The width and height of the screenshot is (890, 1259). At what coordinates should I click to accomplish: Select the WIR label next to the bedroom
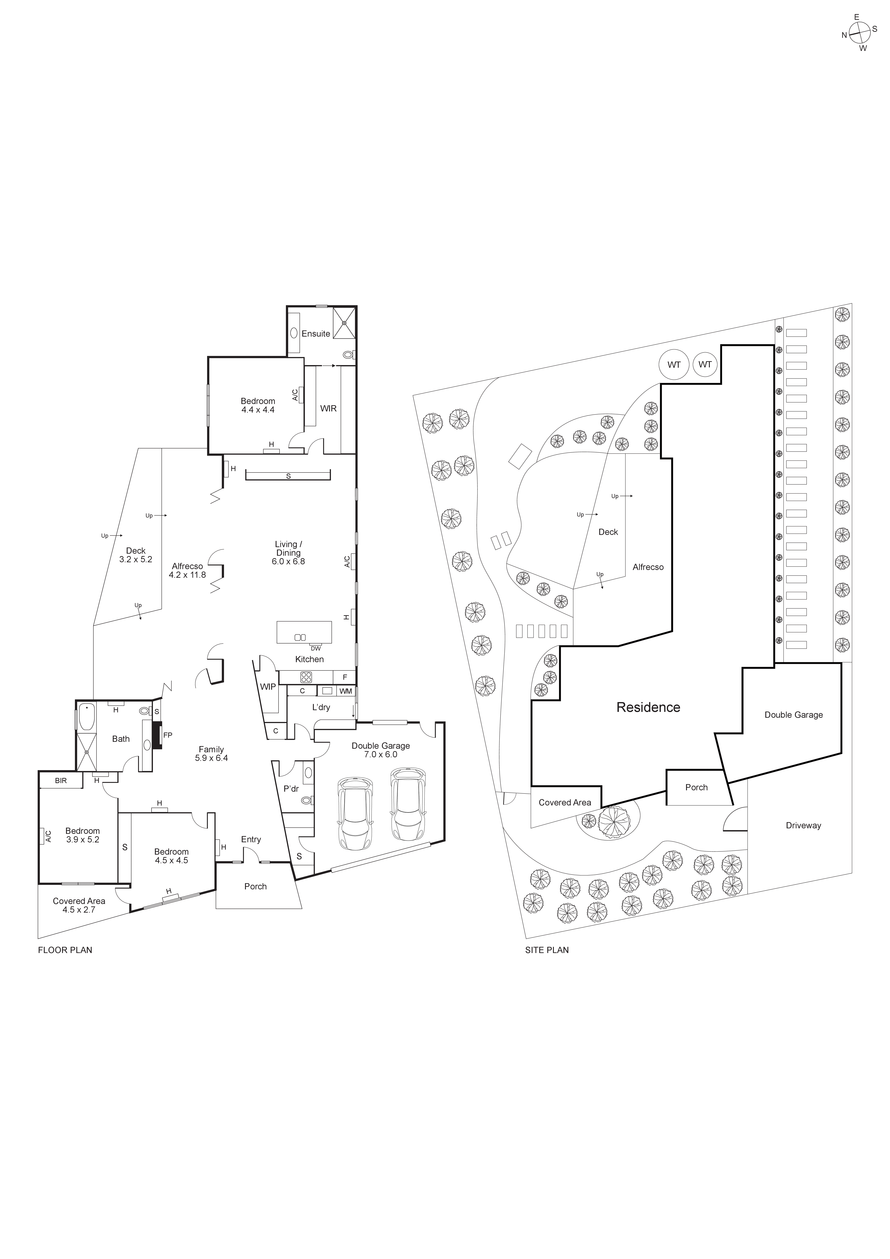point(328,408)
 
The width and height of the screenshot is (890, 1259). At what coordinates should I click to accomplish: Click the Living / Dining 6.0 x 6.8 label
point(288,553)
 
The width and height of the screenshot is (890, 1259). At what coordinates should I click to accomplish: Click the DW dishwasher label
point(316,648)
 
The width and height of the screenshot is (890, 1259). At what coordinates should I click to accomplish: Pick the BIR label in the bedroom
point(61,780)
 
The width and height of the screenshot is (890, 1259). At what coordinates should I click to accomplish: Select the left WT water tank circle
point(674,365)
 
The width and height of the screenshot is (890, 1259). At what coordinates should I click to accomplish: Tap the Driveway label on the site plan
point(803,825)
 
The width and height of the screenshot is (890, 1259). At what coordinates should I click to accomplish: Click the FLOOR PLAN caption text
point(65,950)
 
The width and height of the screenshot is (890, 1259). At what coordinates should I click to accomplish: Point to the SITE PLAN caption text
point(546,950)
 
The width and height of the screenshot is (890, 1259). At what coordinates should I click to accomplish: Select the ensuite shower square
point(344,322)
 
